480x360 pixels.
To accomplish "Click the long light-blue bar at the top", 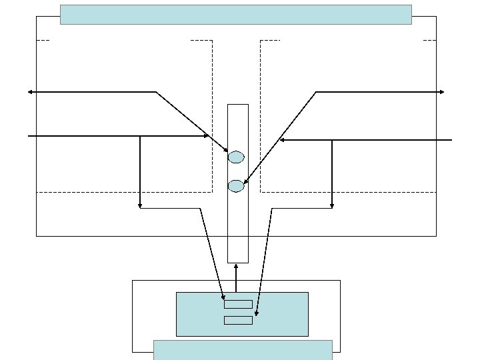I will [235, 14].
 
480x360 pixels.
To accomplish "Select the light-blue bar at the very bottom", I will [243, 349].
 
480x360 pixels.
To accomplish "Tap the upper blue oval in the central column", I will [236, 157].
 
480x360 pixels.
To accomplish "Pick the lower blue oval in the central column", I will [236, 186].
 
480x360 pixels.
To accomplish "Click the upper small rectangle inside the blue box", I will [238, 304].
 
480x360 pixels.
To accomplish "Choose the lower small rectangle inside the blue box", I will [238, 320].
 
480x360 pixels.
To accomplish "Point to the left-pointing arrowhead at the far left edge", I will [30, 92].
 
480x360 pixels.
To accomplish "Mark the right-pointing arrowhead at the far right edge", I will [442, 92].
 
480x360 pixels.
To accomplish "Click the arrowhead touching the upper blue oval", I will [226, 151].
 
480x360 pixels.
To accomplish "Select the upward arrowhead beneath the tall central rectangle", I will [236, 265].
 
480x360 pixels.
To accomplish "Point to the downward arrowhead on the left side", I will [140, 206].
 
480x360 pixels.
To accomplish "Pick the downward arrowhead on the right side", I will [332, 206].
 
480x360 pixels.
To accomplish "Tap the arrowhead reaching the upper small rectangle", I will [223, 297].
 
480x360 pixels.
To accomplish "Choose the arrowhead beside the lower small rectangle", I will [257, 313].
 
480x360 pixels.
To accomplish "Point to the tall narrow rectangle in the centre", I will [237, 220].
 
